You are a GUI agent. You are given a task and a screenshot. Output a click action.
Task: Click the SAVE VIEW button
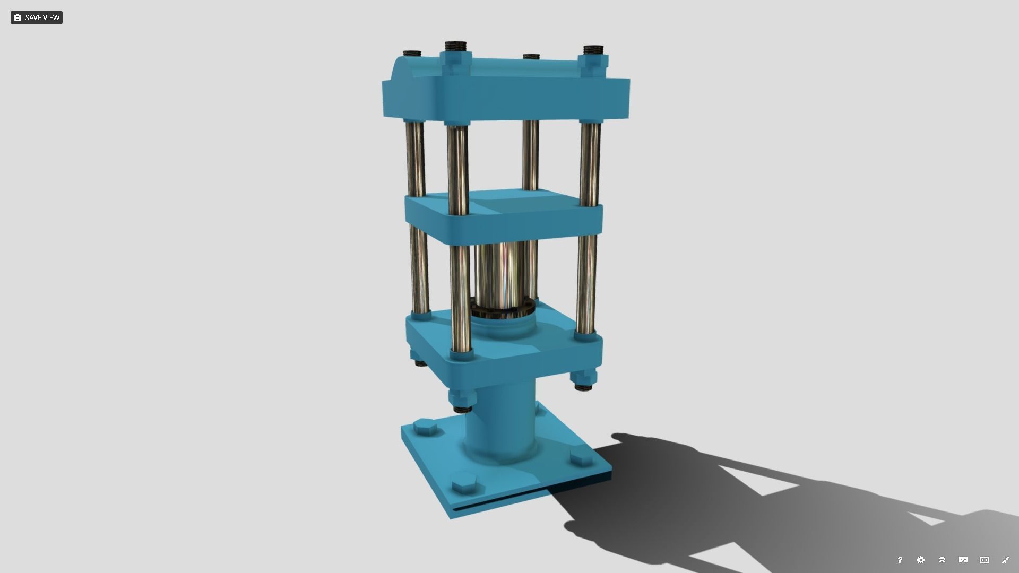coord(36,18)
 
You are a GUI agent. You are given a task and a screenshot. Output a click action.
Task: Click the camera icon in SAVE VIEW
coord(18,18)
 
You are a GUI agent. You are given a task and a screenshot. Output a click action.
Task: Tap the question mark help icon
coord(900,560)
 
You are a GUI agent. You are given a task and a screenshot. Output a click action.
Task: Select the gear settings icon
coord(921,560)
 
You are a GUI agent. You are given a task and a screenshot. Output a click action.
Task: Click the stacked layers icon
coord(942,560)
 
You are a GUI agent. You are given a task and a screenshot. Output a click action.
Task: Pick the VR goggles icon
coord(963,560)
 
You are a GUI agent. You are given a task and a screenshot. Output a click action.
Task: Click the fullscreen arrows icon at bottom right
coord(1005,560)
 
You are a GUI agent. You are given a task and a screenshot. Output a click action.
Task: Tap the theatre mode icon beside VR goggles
coord(984,560)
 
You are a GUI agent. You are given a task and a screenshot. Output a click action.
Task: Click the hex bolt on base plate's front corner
coord(464,485)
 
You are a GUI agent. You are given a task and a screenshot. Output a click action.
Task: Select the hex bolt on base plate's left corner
coord(425,427)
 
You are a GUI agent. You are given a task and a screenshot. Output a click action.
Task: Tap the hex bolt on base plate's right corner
coord(582,457)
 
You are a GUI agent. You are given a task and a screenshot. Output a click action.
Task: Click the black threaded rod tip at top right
coord(594,50)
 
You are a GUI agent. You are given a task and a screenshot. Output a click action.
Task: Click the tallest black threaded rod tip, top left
coord(455,46)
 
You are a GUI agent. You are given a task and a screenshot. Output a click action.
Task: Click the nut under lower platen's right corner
coord(583,380)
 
